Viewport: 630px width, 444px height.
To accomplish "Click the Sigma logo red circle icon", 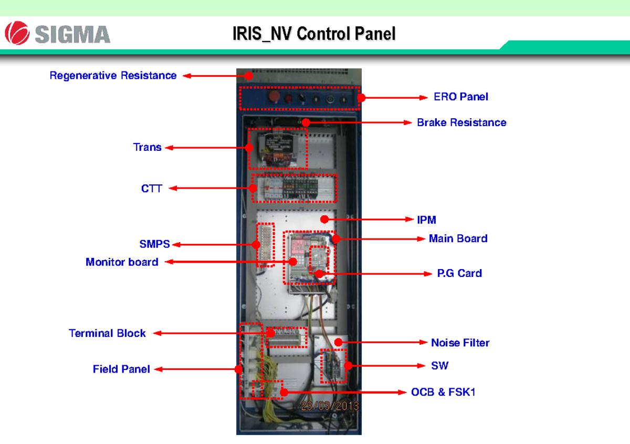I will [x=17, y=33].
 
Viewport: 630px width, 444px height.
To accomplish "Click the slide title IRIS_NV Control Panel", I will [x=314, y=34].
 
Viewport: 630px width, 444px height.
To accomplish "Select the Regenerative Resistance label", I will [x=113, y=76].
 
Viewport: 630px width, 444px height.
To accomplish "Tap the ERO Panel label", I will [x=460, y=97].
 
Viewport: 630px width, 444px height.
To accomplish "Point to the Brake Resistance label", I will [x=461, y=122].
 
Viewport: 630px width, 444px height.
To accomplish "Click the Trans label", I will [x=147, y=148].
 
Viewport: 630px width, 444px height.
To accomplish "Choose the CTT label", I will [x=151, y=188].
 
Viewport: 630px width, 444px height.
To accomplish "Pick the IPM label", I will [x=426, y=220].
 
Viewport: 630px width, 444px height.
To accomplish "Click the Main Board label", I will [x=458, y=239].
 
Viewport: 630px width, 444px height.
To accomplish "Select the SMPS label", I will [x=154, y=244].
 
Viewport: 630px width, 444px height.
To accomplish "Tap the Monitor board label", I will [x=122, y=262].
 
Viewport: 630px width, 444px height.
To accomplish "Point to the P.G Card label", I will [x=459, y=273].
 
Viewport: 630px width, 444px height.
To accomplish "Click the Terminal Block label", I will [x=107, y=333].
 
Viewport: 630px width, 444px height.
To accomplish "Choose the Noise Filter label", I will [x=460, y=343].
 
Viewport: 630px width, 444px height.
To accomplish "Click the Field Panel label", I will [x=121, y=369].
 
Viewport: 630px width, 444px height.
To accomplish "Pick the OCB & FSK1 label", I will [x=443, y=392].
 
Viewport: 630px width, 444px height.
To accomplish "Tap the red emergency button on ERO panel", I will [x=273, y=97].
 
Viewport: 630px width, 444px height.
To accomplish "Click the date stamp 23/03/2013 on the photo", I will [x=329, y=406].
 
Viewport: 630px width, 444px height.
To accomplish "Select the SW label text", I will [x=439, y=366].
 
